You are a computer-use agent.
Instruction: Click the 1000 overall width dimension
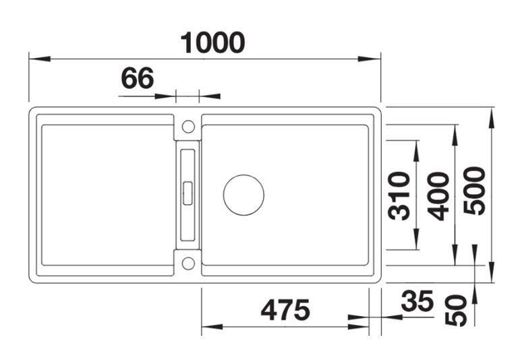(212, 42)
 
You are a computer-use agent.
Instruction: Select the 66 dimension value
(138, 78)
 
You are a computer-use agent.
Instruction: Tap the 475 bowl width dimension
(285, 310)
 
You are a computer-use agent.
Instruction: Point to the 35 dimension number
(418, 301)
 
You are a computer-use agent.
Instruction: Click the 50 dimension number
(456, 311)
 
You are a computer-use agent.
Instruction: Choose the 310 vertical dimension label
(399, 196)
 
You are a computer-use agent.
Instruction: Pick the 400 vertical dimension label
(438, 196)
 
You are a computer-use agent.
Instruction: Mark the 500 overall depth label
(474, 191)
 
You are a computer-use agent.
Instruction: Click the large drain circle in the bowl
(243, 195)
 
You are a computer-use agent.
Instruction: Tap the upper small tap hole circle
(188, 127)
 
